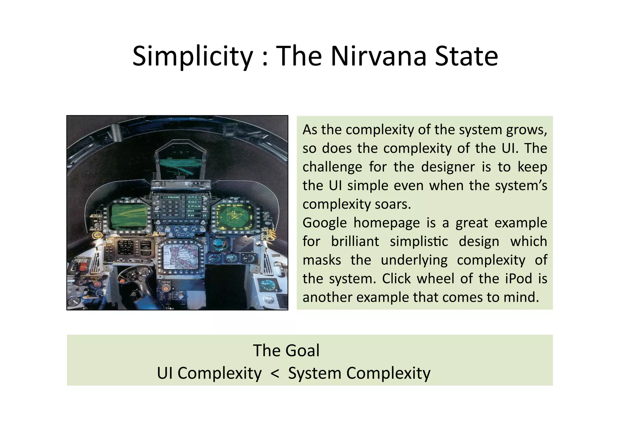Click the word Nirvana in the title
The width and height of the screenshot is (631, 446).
[379, 56]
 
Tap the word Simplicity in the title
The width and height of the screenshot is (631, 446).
[193, 56]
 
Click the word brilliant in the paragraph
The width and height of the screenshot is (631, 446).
[355, 241]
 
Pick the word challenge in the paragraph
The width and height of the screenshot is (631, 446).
[332, 167]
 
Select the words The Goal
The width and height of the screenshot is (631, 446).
[286, 350]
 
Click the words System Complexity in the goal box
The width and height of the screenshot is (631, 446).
[359, 373]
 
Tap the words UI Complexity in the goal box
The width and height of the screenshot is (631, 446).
[209, 373]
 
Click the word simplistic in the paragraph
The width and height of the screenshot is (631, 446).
[419, 241]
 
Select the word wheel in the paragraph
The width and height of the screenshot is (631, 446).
[435, 279]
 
